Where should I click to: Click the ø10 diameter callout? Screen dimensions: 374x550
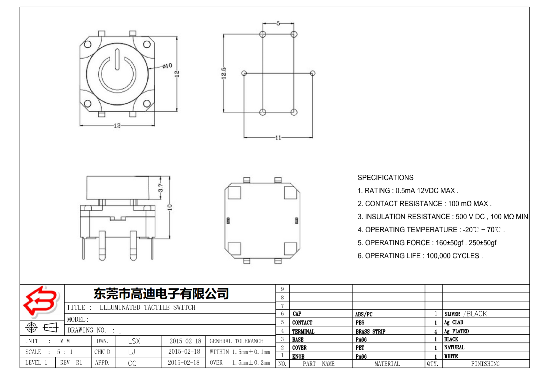click(167, 66)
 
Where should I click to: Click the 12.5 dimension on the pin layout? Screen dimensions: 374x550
click(224, 73)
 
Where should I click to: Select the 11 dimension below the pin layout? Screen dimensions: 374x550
click(278, 137)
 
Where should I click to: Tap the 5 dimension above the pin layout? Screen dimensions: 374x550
click(278, 23)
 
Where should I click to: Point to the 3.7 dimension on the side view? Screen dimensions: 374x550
click(161, 188)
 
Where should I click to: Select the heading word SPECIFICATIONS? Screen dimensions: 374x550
click(385, 178)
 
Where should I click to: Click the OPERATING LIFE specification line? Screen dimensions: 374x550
click(420, 256)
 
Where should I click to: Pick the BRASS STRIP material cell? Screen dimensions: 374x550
click(370, 331)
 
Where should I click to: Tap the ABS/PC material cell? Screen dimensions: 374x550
click(363, 314)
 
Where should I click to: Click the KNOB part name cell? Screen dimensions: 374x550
click(298, 356)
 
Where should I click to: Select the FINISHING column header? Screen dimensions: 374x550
click(485, 364)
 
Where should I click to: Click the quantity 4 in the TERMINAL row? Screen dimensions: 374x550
click(435, 331)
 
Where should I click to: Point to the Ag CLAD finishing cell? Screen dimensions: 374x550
click(453, 322)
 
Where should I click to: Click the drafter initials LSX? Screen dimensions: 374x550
click(134, 341)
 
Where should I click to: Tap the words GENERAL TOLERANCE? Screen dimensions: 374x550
click(236, 341)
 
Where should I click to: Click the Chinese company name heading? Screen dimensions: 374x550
click(161, 293)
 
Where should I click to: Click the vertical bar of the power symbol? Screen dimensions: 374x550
click(117, 59)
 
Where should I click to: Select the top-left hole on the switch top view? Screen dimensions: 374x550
click(88, 44)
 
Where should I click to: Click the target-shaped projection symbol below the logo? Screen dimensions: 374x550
click(32, 327)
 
